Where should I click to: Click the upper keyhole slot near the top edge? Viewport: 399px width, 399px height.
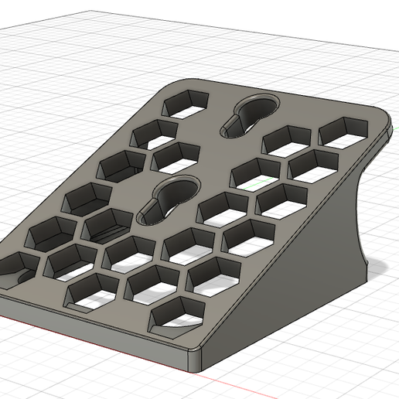point(249,116)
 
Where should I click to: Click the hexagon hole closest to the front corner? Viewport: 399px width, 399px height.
point(176,314)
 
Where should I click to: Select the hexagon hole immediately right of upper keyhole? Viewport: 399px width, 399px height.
point(288,140)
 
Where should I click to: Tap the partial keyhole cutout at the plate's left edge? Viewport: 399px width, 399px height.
point(15,267)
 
